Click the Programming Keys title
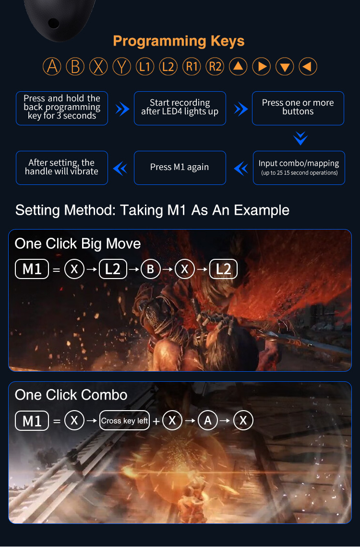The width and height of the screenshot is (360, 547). click(179, 41)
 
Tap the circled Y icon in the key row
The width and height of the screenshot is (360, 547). click(122, 66)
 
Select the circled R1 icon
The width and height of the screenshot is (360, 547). click(192, 66)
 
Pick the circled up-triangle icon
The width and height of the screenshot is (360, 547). click(238, 66)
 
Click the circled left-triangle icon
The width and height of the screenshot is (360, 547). click(308, 66)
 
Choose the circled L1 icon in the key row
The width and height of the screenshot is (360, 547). click(145, 66)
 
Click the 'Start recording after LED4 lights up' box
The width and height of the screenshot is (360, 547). click(180, 108)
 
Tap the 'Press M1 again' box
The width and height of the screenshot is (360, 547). click(180, 168)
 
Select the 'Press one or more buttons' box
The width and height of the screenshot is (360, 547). click(298, 108)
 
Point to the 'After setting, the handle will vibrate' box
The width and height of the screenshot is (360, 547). click(62, 168)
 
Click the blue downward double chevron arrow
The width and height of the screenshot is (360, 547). click(300, 138)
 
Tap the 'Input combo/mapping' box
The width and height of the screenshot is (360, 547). click(299, 168)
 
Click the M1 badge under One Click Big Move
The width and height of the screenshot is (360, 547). click(32, 269)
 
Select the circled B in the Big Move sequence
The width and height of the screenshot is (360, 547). click(150, 269)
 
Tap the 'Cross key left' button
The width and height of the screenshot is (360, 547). click(124, 421)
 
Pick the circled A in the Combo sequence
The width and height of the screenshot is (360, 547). click(207, 421)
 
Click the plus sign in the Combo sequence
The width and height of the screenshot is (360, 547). click(156, 421)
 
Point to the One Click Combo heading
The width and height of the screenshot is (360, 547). click(71, 395)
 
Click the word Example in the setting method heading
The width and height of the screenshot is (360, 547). click(262, 210)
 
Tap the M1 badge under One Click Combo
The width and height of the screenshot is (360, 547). click(32, 421)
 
